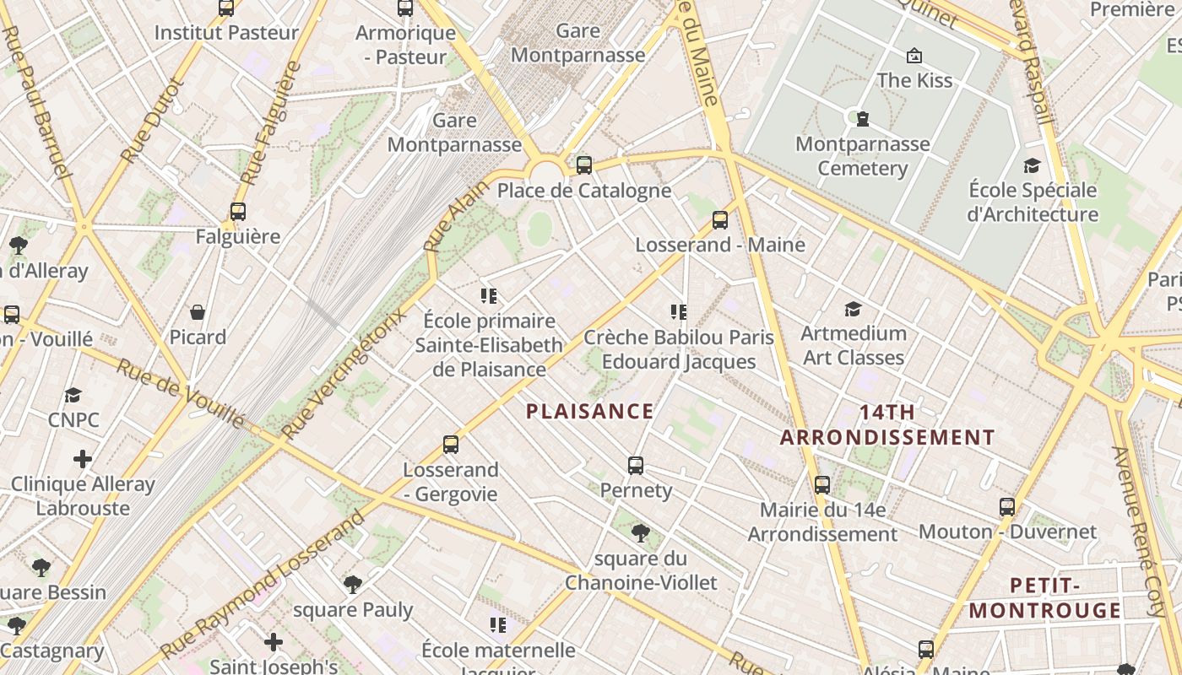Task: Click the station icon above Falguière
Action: click(238, 212)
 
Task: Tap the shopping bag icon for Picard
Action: click(198, 313)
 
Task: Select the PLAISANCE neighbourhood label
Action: click(589, 412)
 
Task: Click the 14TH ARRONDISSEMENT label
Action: click(887, 425)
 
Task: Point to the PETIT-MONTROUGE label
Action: click(1044, 598)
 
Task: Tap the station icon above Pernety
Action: click(636, 465)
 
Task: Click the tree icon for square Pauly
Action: click(353, 585)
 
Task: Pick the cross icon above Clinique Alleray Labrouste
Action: click(83, 459)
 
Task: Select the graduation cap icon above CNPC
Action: click(73, 395)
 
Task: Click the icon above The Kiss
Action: click(914, 57)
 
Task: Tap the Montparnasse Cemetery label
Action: click(863, 156)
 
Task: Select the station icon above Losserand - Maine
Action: click(720, 220)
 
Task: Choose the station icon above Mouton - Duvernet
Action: click(1007, 507)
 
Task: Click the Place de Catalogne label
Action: click(584, 191)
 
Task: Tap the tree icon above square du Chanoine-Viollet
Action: click(641, 533)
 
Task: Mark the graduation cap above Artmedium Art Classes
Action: click(853, 309)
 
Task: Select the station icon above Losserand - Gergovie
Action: click(451, 444)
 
